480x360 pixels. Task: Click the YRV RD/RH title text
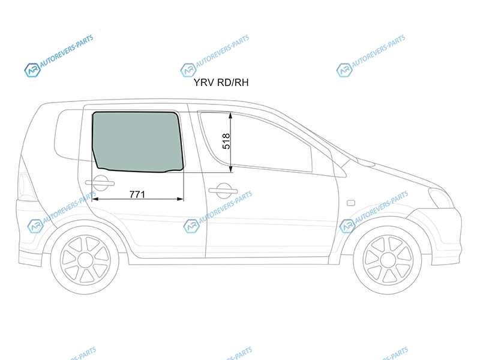(221, 82)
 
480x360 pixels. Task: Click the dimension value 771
(137, 194)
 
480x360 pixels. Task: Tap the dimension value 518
(226, 141)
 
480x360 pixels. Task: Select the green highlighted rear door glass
(138, 142)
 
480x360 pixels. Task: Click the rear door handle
(100, 183)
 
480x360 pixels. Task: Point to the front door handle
(223, 191)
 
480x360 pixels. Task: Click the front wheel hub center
(387, 260)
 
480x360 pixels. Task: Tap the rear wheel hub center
(85, 260)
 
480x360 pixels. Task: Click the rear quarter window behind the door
(67, 134)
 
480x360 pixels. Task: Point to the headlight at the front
(441, 198)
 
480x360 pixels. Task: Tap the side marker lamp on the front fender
(351, 203)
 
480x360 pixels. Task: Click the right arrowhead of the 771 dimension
(181, 199)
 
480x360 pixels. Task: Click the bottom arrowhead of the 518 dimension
(231, 169)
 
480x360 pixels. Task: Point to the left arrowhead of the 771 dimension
(95, 199)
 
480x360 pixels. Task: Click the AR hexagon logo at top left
(32, 70)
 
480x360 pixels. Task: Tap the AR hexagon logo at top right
(344, 70)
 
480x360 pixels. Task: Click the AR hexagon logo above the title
(188, 70)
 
